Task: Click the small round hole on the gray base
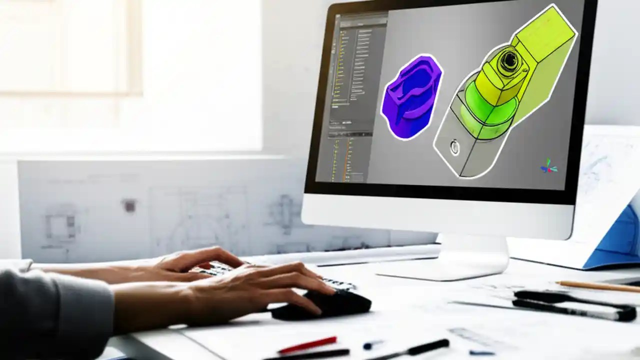point(454,147)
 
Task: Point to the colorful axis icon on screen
point(548,166)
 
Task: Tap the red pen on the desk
point(307,345)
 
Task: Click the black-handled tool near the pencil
point(575,305)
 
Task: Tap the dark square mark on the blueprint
point(129,205)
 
